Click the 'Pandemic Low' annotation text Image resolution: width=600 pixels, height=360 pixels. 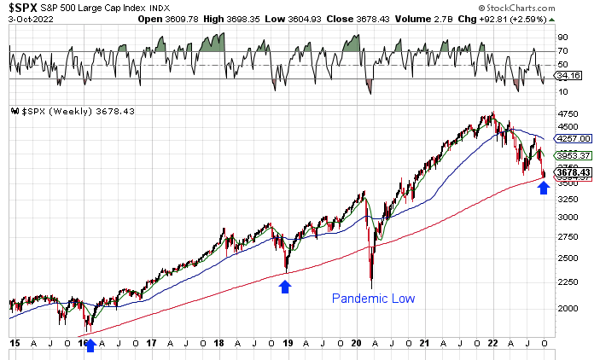click(x=372, y=298)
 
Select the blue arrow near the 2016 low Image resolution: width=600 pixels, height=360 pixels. click(x=90, y=345)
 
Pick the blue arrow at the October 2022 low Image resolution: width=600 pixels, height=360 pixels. click(x=544, y=188)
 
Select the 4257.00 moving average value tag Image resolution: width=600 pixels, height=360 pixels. click(x=571, y=138)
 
